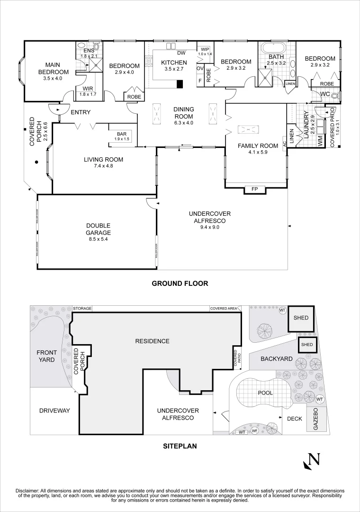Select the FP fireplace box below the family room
point(254,190)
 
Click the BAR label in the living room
point(122,134)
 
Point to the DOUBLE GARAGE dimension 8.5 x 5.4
point(98,239)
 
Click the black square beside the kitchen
point(180,84)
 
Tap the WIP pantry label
point(205,49)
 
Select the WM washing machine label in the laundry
point(320,141)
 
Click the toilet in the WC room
point(336,95)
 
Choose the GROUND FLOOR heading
point(180,283)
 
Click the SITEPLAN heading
point(180,446)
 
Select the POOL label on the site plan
point(265,393)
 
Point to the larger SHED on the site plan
point(301,318)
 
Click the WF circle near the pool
point(254,430)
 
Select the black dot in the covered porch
point(36,162)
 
